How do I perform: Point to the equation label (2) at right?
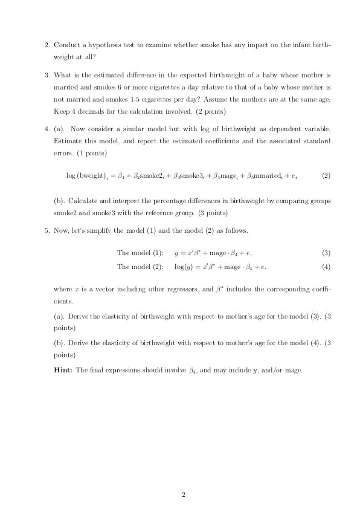[326, 176]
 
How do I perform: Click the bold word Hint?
[63, 370]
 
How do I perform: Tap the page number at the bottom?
[182, 495]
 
